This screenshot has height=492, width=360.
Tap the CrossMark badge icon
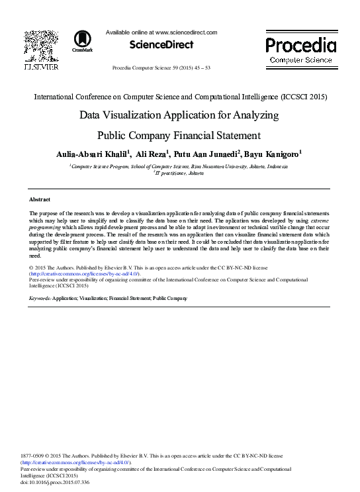[83, 40]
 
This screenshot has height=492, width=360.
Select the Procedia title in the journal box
[300, 44]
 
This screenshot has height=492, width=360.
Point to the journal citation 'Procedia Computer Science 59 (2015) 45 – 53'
[161, 68]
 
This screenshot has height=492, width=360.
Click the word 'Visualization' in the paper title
[157, 115]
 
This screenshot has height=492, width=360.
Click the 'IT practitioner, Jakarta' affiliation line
[179, 173]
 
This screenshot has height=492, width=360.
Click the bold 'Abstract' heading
[40, 199]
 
